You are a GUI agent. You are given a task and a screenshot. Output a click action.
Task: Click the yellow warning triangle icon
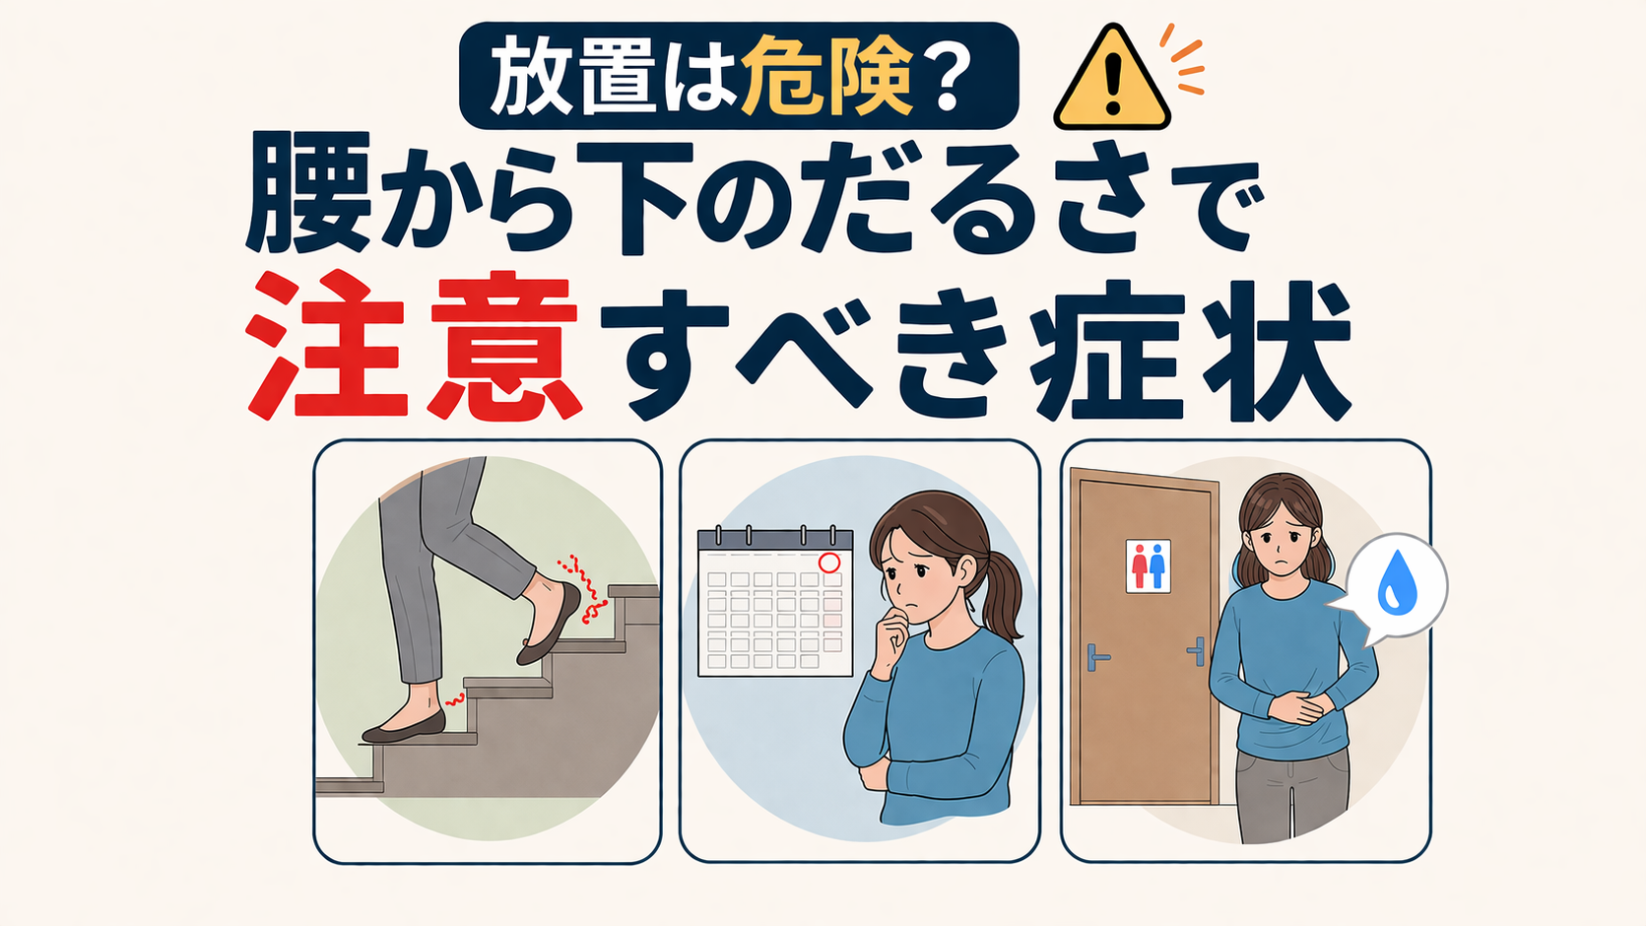(x=1111, y=80)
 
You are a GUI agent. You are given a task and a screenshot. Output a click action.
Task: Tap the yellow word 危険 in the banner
(x=826, y=75)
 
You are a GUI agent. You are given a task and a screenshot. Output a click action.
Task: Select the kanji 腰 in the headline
(x=308, y=193)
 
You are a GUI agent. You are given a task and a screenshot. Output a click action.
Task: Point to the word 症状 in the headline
(x=1190, y=350)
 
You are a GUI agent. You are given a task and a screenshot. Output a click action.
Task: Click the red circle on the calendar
(x=828, y=562)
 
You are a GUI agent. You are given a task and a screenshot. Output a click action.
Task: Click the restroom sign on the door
(x=1148, y=565)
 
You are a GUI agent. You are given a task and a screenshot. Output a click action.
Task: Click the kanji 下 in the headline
(x=635, y=196)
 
